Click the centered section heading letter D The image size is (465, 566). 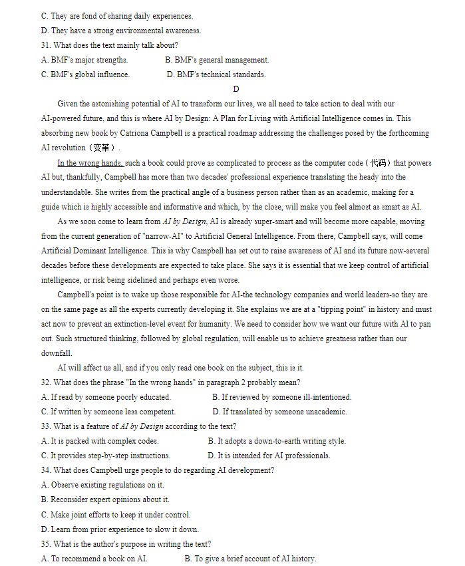(x=236, y=89)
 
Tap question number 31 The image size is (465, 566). (x=46, y=45)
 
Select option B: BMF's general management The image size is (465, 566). (x=217, y=60)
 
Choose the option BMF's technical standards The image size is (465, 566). (x=216, y=74)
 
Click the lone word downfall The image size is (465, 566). (x=57, y=353)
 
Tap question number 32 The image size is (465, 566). (x=46, y=382)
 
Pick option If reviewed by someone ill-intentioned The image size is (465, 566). (x=282, y=397)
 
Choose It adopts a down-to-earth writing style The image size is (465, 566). (x=277, y=441)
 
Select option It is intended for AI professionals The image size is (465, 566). (x=269, y=456)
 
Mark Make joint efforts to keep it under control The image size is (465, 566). (x=116, y=515)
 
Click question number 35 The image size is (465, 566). (x=46, y=544)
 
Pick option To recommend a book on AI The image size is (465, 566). (x=94, y=559)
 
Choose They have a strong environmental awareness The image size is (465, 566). (x=120, y=31)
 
